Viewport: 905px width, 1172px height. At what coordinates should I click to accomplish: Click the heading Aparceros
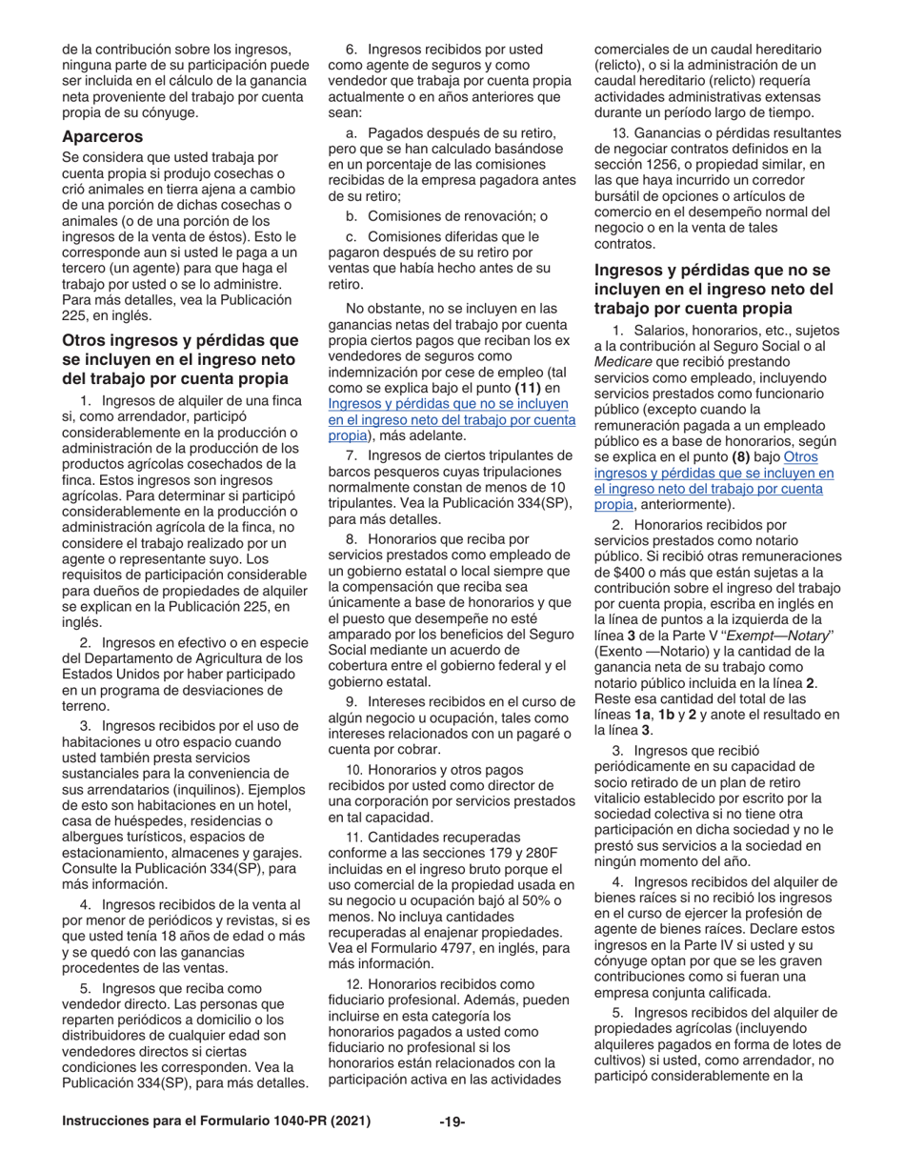tap(102, 136)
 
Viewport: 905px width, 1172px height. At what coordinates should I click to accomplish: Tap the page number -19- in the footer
tap(452, 1122)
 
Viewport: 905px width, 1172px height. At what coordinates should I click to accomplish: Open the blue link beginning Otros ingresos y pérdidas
tap(714, 480)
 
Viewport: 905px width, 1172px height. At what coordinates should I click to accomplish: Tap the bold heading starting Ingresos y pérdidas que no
tap(714, 289)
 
